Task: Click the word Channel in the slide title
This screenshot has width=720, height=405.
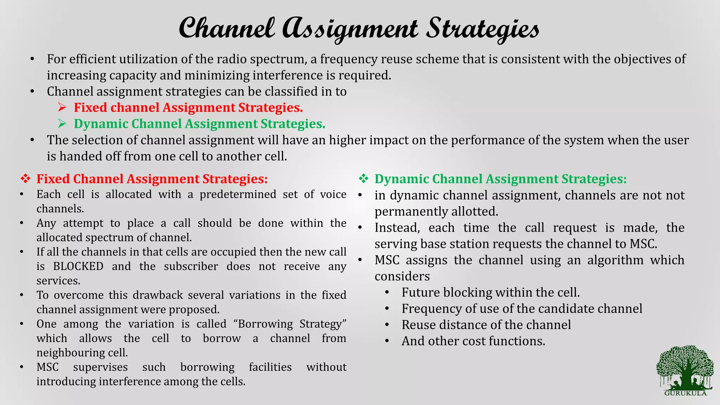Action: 227,28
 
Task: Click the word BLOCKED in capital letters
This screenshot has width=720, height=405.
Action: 78,266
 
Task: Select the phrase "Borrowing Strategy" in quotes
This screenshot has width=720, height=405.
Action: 292,324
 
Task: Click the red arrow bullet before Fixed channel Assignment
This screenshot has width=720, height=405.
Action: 62,107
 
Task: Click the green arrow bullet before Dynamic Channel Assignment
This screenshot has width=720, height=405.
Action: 62,123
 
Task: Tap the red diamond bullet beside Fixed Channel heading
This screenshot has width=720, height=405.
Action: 25,179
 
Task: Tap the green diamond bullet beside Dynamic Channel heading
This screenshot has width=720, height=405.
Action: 363,179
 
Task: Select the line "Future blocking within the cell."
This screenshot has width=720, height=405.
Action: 490,292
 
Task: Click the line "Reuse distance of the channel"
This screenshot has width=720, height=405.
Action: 486,325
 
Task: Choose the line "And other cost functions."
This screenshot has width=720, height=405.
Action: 473,341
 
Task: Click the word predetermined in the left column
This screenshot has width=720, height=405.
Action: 238,194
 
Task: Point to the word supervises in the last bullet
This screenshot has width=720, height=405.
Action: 100,367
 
